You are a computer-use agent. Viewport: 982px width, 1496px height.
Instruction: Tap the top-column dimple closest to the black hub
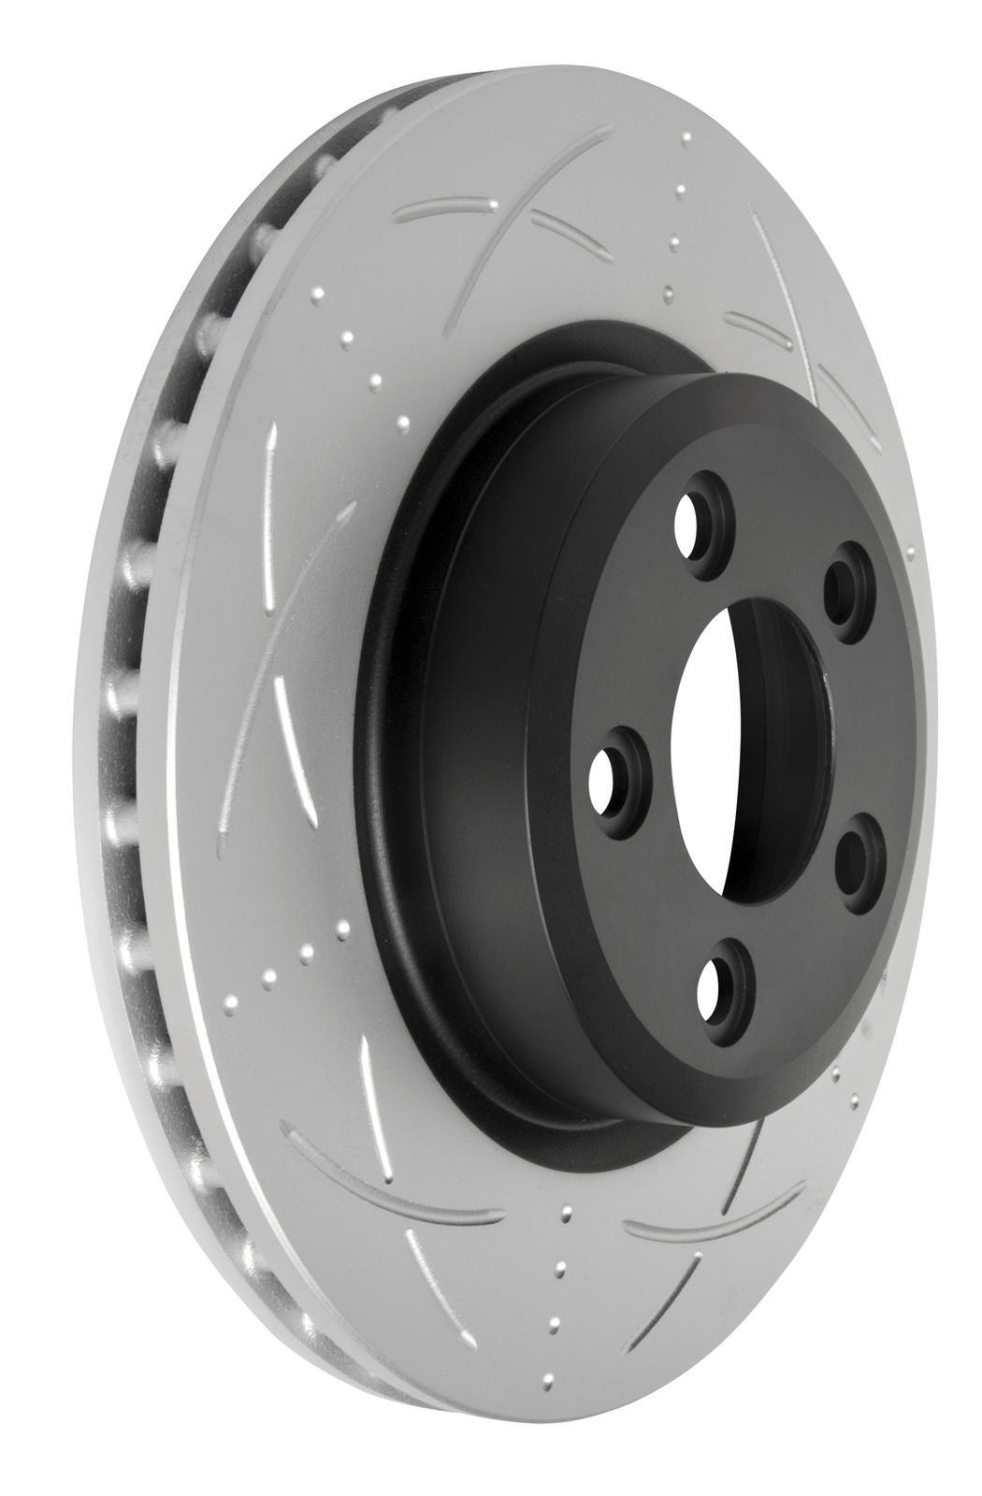666,293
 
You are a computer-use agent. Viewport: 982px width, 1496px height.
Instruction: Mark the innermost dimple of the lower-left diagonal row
342,928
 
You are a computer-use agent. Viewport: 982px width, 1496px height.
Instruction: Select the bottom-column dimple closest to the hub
564,1213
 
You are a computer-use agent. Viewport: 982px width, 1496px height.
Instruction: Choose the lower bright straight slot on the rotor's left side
291,739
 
